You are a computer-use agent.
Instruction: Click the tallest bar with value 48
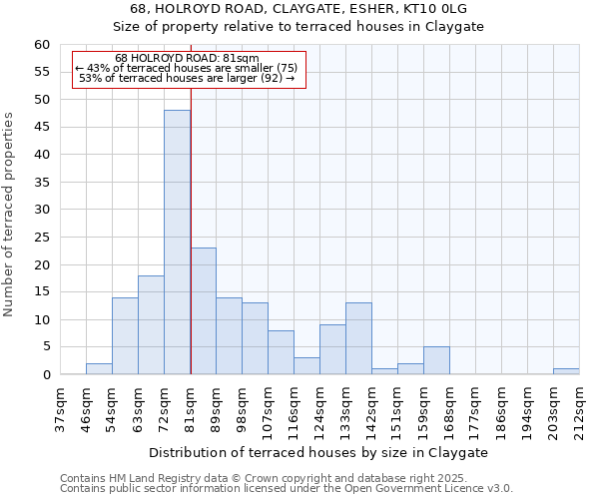[177, 243]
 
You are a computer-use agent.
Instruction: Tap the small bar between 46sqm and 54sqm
[99, 369]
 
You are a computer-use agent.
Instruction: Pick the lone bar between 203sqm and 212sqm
[566, 371]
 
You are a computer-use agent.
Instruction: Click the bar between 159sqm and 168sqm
[436, 361]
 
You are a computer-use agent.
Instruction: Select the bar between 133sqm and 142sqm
[358, 339]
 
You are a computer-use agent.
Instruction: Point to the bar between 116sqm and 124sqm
[306, 366]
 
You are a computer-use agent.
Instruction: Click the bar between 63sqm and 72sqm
[151, 325]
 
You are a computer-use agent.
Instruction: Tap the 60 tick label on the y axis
[41, 45]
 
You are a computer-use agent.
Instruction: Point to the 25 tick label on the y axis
[41, 238]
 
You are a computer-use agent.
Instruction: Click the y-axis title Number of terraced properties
[10, 214]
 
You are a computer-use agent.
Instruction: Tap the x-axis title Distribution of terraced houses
[319, 452]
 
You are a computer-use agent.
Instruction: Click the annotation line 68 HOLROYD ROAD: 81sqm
[187, 58]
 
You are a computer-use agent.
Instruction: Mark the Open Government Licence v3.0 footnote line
[287, 489]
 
